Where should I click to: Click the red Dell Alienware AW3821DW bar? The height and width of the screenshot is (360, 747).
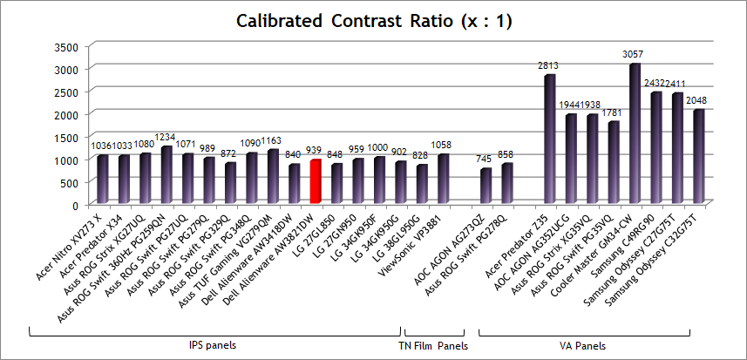coord(316,181)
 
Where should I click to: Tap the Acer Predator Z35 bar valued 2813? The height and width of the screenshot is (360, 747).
coord(549,139)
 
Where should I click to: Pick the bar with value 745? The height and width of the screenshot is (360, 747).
coord(486,186)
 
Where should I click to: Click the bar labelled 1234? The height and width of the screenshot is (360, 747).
coord(166,174)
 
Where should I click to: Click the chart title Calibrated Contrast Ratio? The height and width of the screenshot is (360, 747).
coord(374,20)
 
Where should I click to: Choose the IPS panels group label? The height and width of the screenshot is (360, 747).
coord(214,346)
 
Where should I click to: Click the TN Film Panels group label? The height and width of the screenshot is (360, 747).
coord(433,346)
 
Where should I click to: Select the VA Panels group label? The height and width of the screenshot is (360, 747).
coord(584,346)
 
